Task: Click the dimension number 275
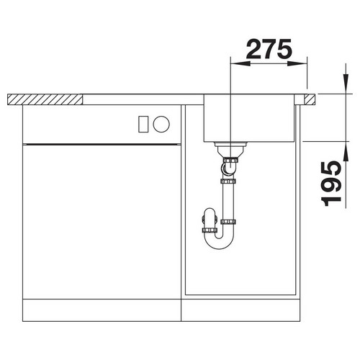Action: click(x=269, y=49)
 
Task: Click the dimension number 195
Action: click(x=331, y=184)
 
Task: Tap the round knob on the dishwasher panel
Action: click(x=161, y=124)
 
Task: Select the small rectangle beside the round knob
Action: click(x=143, y=124)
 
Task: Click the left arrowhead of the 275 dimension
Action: click(x=240, y=63)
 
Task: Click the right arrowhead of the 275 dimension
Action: click(x=297, y=63)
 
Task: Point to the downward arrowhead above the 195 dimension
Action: click(x=346, y=84)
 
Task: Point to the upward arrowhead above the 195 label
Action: click(x=346, y=151)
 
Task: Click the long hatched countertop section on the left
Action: click(x=45, y=99)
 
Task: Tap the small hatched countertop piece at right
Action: click(x=310, y=99)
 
